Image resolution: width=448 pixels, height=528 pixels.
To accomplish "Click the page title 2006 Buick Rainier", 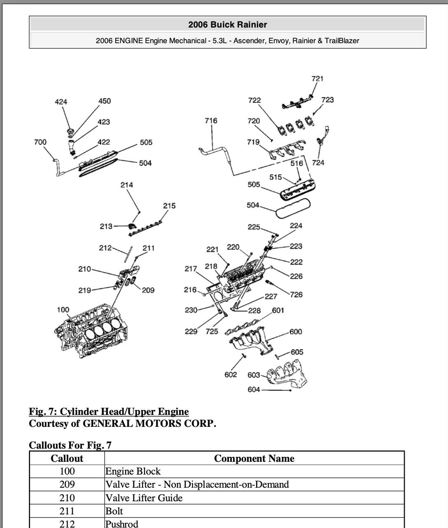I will tap(227, 25).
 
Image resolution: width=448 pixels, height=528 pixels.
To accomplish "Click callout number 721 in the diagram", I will tap(317, 78).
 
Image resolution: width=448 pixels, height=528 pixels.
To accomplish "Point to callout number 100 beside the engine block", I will tap(63, 310).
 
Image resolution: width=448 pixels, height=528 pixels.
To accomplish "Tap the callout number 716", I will tap(211, 120).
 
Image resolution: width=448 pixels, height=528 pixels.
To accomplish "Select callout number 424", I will tap(61, 102).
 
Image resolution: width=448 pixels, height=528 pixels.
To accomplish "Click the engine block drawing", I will tap(89, 333).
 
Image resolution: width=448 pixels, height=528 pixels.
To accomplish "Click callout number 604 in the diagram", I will tap(254, 389).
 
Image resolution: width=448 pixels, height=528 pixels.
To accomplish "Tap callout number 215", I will tap(169, 206).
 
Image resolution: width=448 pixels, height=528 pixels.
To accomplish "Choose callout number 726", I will tap(296, 294).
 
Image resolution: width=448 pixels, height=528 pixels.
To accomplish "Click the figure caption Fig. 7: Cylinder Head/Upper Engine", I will tap(109, 412).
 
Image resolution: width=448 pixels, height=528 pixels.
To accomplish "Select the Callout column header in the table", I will tap(67, 459).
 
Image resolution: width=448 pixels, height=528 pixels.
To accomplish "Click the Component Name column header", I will tap(254, 459).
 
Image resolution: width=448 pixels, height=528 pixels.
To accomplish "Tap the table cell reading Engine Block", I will tap(133, 471).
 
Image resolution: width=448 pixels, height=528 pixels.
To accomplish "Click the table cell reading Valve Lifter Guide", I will tap(144, 498).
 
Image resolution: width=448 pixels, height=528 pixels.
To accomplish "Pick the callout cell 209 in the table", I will tap(67, 484).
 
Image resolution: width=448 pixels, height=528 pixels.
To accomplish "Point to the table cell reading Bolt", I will tap(114, 511).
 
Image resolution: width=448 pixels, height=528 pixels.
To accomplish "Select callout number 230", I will tap(191, 310).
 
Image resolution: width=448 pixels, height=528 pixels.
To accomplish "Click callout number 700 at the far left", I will tap(40, 142).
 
